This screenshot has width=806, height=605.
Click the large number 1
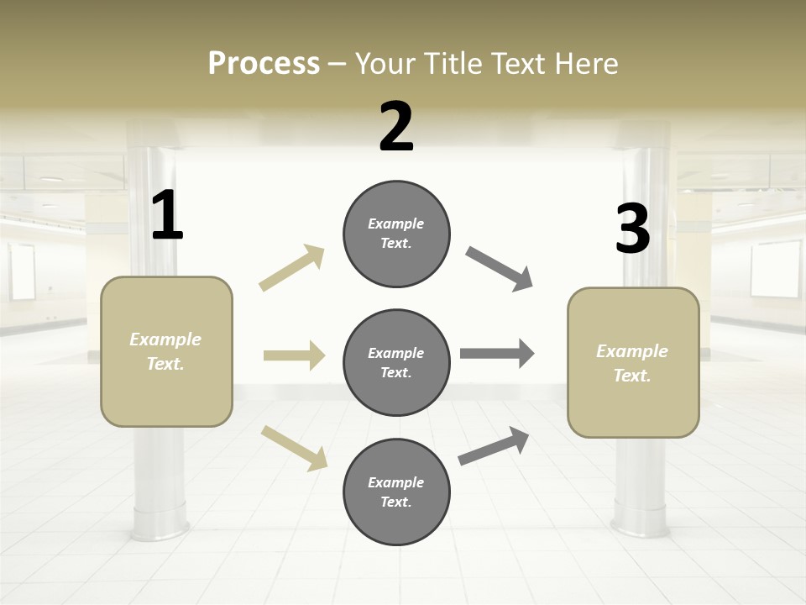(167, 216)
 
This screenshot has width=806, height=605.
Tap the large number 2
(396, 127)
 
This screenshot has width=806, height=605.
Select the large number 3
(632, 229)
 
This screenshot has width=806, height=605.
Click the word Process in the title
(264, 63)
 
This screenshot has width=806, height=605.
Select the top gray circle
(396, 234)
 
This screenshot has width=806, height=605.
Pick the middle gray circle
(396, 362)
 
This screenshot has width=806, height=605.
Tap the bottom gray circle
(396, 492)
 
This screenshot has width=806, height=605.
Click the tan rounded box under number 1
(166, 351)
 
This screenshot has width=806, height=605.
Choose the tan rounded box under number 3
(633, 362)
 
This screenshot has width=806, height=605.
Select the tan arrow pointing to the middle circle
(294, 355)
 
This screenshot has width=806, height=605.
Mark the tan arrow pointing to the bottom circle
(294, 447)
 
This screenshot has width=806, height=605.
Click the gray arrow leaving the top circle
(500, 269)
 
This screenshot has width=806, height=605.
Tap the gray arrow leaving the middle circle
(497, 354)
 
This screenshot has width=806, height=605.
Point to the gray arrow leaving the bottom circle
(494, 446)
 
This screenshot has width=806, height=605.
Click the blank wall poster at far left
(22, 271)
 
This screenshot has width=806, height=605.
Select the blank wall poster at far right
(776, 269)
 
